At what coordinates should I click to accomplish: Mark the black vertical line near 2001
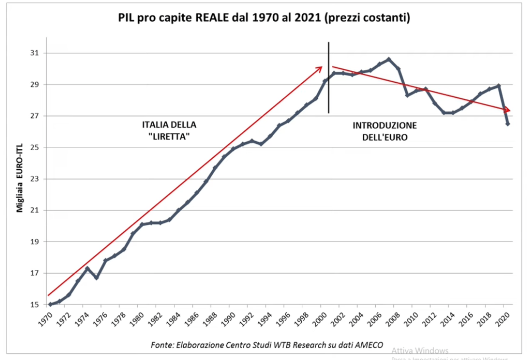click(x=329, y=78)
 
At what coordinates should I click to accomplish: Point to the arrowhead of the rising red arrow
click(x=321, y=68)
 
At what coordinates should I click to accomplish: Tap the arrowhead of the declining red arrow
click(x=508, y=110)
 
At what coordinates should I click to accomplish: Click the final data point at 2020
click(x=508, y=124)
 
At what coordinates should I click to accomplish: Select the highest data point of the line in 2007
click(x=389, y=59)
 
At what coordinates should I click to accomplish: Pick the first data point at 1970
click(x=50, y=304)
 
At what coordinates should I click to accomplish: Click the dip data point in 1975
click(x=96, y=278)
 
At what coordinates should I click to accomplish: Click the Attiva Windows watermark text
click(x=420, y=350)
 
